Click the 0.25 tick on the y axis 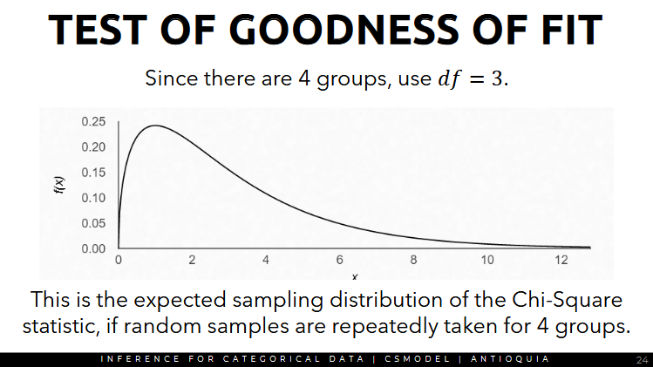click(93, 121)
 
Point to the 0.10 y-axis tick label click(93, 198)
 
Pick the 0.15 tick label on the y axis click(93, 172)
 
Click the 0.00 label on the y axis click(93, 248)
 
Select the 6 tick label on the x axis click(340, 261)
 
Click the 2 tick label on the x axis click(192, 261)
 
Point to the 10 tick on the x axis click(487, 261)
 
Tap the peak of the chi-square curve click(154, 126)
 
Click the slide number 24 click(642, 359)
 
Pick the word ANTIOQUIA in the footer click(510, 359)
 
